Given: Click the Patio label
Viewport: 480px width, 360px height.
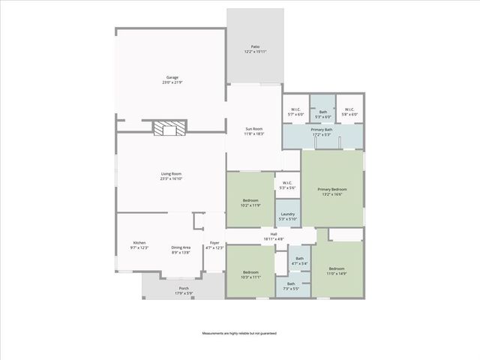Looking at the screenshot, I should click(256, 49).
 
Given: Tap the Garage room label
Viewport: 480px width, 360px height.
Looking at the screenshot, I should click(171, 79).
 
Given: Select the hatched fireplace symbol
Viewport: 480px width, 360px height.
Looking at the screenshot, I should click(169, 130).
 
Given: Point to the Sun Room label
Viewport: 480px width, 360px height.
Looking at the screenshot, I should click(253, 132).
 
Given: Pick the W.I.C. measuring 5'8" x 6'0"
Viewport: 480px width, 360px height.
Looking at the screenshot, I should click(349, 112).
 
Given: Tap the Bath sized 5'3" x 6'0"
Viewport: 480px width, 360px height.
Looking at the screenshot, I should click(322, 114).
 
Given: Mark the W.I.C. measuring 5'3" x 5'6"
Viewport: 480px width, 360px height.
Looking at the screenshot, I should click(287, 184).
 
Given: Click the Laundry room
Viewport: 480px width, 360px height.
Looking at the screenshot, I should click(287, 216).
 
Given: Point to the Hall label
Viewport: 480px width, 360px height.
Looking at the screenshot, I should click(274, 237).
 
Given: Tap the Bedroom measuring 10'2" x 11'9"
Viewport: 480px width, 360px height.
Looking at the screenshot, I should click(250, 202).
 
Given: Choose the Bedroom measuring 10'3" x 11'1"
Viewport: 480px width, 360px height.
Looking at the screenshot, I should click(250, 274).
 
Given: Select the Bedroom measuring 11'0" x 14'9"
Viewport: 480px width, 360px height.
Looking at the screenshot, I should click(336, 270).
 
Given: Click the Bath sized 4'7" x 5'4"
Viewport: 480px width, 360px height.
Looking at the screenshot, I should click(299, 261).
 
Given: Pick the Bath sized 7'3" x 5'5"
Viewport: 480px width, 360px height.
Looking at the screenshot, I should click(291, 286).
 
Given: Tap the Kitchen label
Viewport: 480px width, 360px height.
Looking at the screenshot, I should click(139, 245).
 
